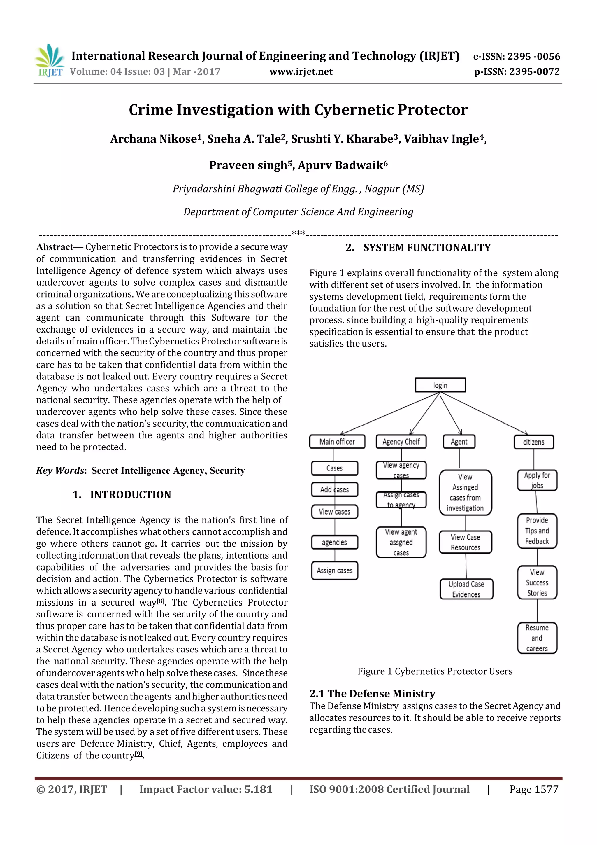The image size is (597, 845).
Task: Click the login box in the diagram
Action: click(x=440, y=385)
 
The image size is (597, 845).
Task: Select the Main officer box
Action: click(x=337, y=442)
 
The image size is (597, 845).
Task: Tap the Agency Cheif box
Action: click(x=401, y=442)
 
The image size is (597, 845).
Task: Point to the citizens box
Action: click(x=533, y=442)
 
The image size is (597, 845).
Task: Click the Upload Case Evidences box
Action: click(x=466, y=589)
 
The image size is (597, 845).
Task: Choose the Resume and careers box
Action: click(x=537, y=638)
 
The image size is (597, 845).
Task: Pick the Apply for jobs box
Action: click(x=537, y=480)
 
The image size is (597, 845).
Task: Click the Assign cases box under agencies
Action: click(x=334, y=571)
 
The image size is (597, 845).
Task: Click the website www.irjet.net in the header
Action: click(x=301, y=71)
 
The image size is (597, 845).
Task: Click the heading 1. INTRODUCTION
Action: click(x=122, y=495)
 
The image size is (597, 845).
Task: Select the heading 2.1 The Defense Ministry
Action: click(x=372, y=693)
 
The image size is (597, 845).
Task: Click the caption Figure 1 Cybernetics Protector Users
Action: click(x=435, y=671)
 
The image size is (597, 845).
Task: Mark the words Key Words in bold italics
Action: click(x=60, y=471)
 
